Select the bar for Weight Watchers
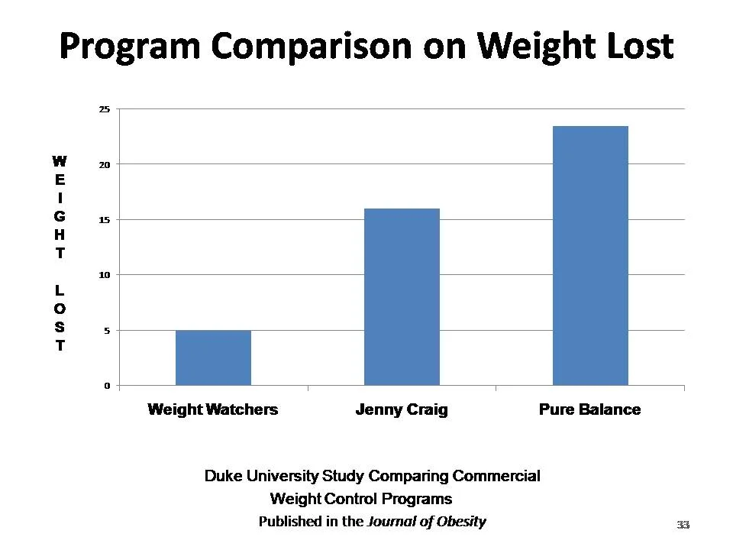pos(213,357)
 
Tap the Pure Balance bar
pos(590,255)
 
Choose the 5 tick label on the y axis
pos(107,331)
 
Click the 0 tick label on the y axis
pos(107,386)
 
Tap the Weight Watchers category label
pos(212,409)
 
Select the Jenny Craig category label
pos(402,409)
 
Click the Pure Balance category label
pos(589,409)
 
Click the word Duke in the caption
pos(221,476)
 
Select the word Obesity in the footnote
pos(460,522)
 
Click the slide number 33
pos(683,525)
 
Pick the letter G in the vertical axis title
pos(60,217)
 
